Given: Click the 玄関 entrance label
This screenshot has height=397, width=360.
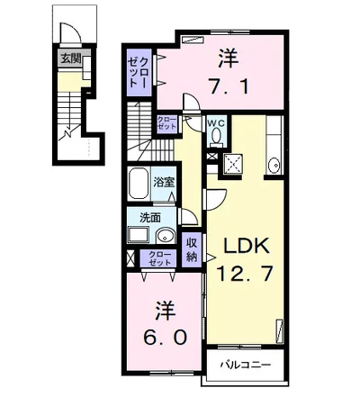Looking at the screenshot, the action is (71, 59).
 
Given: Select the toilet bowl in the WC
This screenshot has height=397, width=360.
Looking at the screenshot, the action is (216, 136).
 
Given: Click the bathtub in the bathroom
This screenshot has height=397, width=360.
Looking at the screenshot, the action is (139, 185).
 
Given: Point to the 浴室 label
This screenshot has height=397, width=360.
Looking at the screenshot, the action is (164, 182).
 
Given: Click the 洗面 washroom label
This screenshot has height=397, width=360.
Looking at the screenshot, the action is (150, 218).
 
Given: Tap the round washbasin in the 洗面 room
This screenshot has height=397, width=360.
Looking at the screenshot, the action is (166, 236).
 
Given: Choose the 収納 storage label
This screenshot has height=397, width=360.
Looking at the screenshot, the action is (192, 249).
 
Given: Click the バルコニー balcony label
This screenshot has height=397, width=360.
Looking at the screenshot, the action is (246, 365).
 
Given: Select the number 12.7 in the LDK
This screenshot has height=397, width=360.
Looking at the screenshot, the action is (245, 274).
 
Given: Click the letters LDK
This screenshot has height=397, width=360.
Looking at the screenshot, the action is (246, 246).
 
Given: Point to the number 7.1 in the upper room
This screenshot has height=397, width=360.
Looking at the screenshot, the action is (229, 87).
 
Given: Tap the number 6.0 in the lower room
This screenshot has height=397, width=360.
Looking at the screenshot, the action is (166, 338).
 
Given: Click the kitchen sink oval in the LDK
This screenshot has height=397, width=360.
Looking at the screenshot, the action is (274, 165).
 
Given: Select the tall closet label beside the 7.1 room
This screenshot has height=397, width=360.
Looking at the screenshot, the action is (139, 72).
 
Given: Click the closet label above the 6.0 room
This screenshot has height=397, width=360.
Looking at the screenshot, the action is (159, 258).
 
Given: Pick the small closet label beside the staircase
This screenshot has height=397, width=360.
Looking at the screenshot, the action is (167, 123).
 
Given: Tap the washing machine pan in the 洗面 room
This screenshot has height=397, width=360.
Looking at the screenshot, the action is (139, 235).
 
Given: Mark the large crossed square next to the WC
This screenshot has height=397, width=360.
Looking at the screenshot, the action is (232, 163).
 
